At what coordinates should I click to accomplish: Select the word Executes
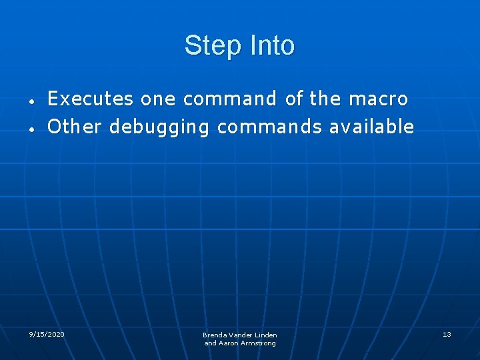(x=90, y=99)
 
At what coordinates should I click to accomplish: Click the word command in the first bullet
(x=230, y=99)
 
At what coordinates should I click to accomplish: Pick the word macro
(x=378, y=99)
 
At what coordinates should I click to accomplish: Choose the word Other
(x=75, y=127)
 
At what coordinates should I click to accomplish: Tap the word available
(x=372, y=127)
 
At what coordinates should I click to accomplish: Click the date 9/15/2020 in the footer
(x=47, y=333)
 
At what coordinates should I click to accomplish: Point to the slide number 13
(x=447, y=333)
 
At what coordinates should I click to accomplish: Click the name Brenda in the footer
(x=215, y=335)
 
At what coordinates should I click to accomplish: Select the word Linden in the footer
(x=265, y=335)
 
